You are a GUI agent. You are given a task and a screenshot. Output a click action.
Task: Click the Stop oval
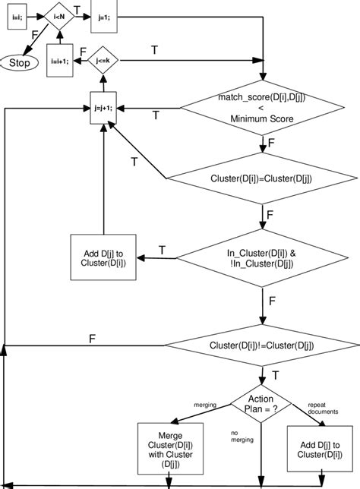(20, 63)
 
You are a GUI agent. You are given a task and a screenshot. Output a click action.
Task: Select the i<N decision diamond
(59, 16)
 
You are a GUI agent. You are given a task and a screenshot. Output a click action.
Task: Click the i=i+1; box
(59, 62)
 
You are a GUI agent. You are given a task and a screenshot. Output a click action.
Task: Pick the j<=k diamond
(99, 58)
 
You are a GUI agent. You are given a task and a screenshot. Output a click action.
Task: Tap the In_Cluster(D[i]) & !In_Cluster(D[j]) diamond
(261, 257)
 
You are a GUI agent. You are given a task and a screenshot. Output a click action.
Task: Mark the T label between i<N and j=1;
(77, 10)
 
